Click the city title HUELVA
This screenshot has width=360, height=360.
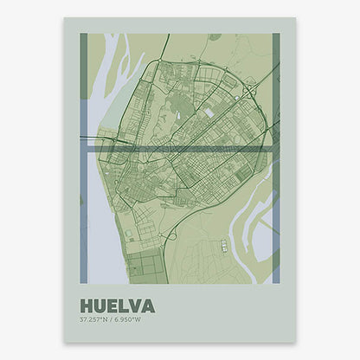click(x=117, y=306)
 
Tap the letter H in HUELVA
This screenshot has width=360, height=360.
click(x=86, y=306)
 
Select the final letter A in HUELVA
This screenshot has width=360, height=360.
click(x=148, y=306)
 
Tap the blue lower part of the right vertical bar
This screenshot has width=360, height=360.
click(x=276, y=225)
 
